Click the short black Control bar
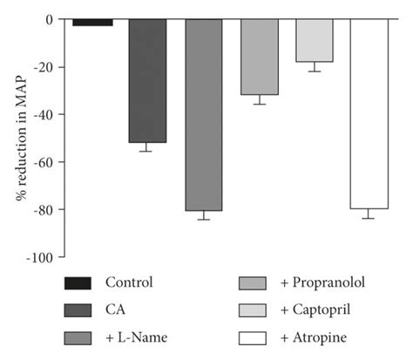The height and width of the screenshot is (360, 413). pos(91,23)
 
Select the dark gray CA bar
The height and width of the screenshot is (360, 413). pos(147,80)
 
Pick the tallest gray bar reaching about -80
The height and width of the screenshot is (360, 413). pos(203,114)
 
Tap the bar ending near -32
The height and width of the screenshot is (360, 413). pos(259,57)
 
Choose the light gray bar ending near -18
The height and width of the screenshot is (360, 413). pos(314,40)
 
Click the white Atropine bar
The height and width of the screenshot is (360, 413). pos(369,113)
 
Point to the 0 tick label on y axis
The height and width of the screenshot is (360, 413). pos(50,19)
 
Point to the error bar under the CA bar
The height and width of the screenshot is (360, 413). pos(147,147)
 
